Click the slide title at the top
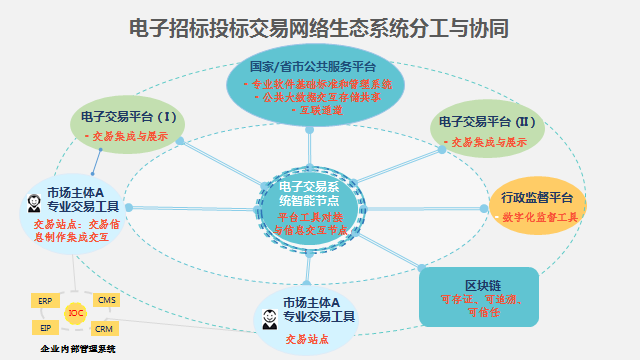[x=320, y=27]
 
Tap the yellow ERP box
[x=45, y=300]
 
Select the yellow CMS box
[x=105, y=300]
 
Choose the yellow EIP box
[x=45, y=327]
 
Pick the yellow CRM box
[x=105, y=328]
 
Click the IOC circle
[x=75, y=314]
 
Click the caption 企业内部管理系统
[x=77, y=349]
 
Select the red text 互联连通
[x=320, y=110]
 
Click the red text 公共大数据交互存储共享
[x=320, y=97]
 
